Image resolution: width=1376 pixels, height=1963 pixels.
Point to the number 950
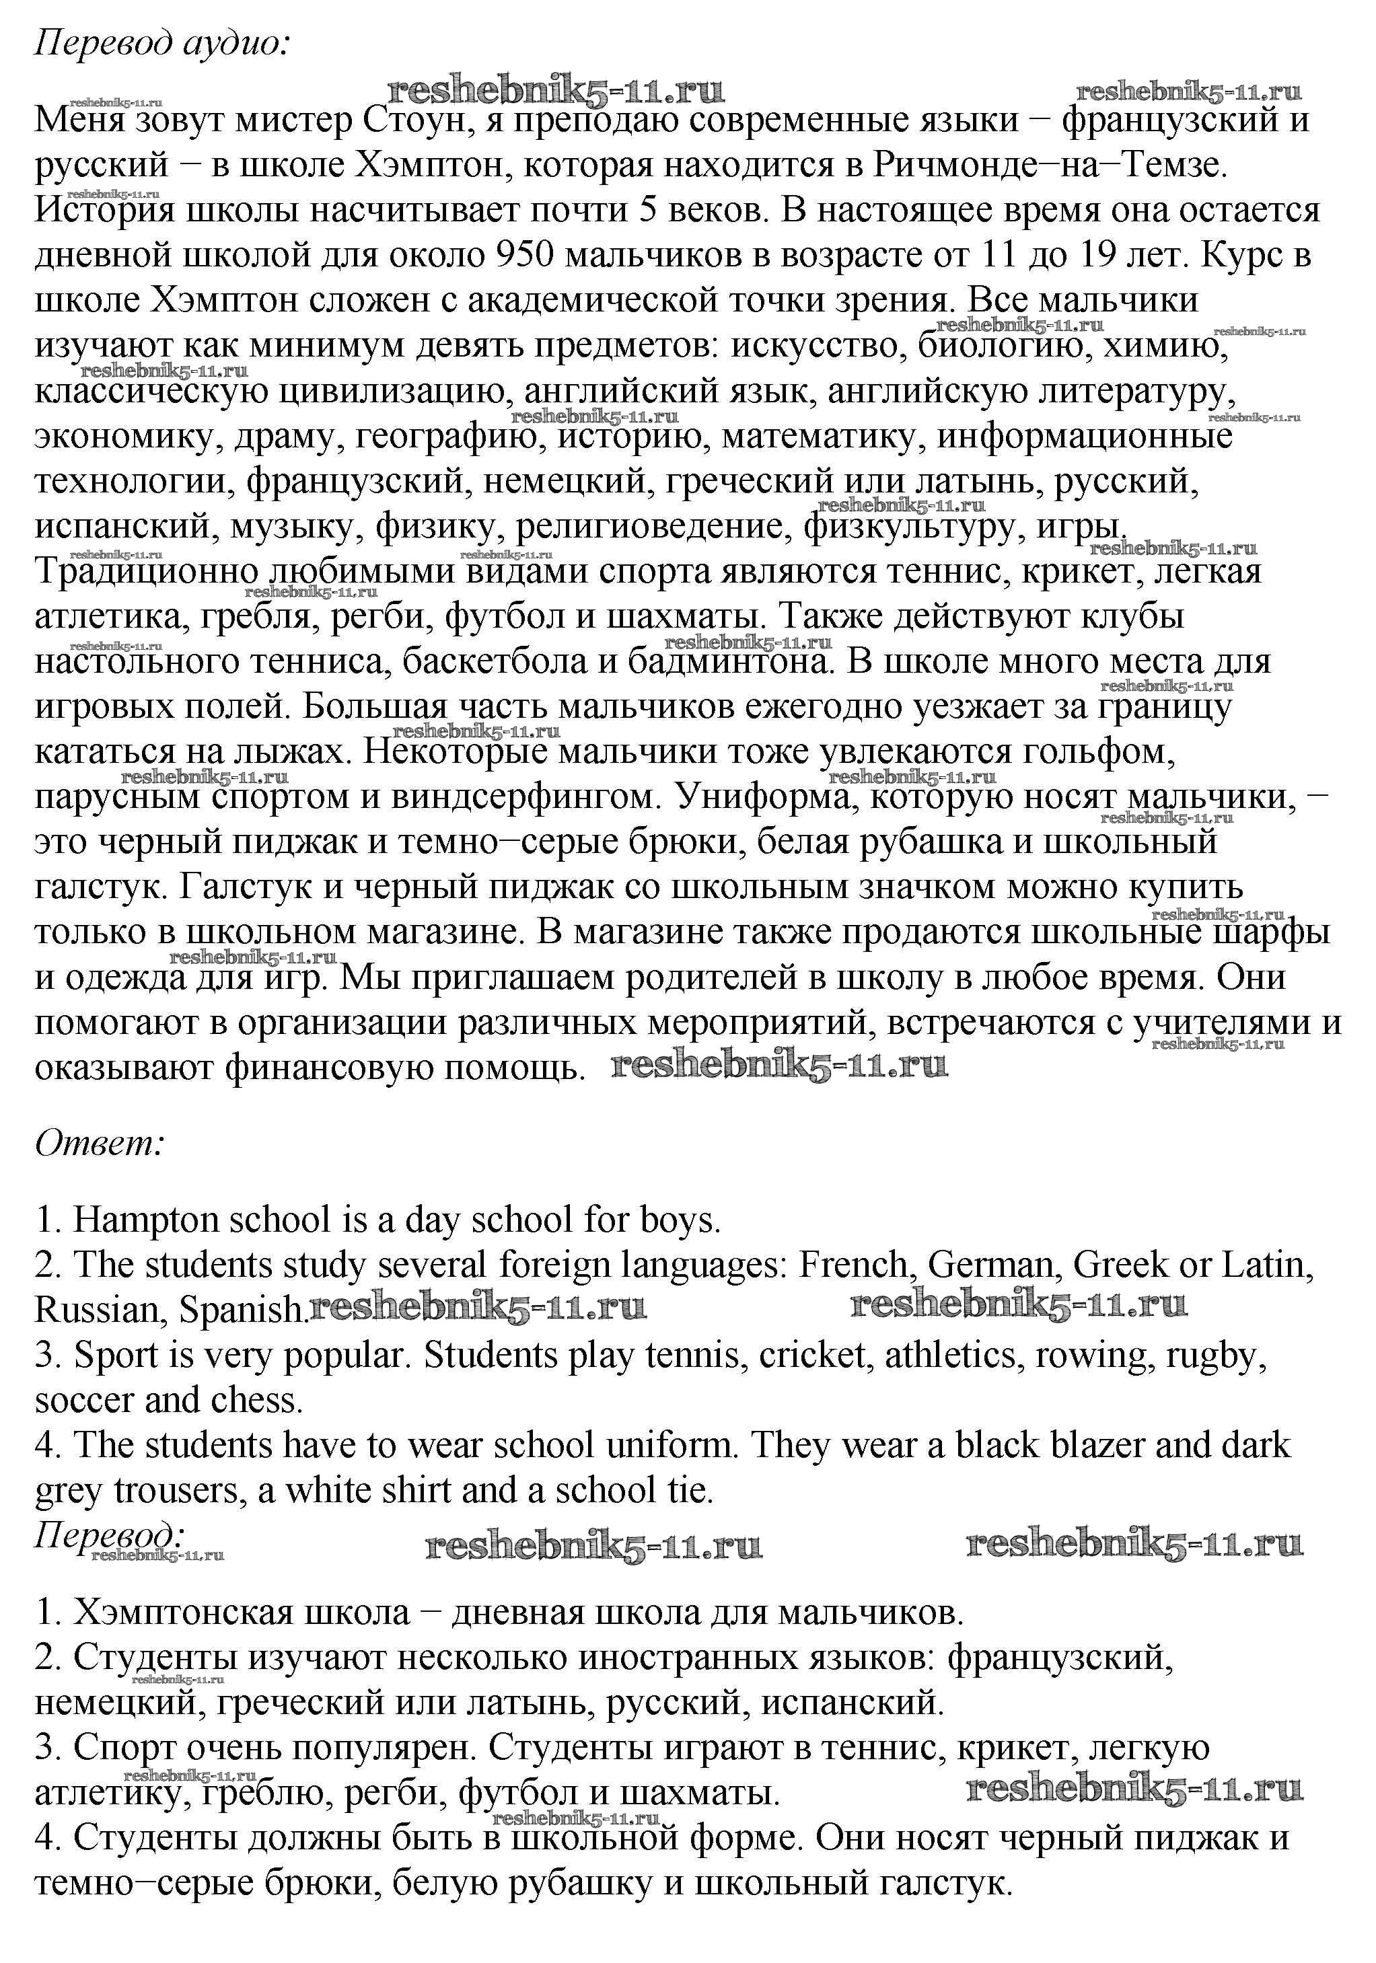point(526,256)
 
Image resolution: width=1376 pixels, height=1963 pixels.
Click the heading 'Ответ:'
point(99,1143)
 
